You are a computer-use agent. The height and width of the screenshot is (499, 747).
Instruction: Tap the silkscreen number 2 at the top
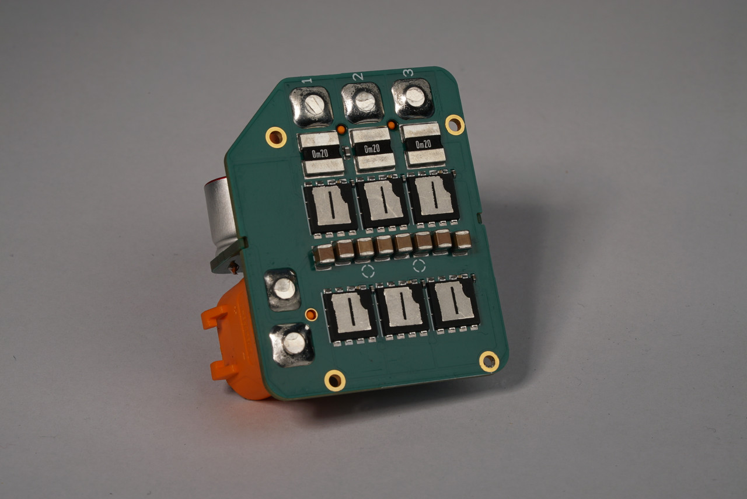[x=358, y=76]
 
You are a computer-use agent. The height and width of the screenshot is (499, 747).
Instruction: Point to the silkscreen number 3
[x=408, y=72]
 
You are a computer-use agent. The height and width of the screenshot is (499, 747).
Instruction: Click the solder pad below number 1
[x=312, y=107]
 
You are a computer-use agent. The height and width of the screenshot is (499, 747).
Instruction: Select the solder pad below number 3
[x=413, y=99]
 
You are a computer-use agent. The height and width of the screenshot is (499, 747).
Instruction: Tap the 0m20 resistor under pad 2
[x=373, y=149]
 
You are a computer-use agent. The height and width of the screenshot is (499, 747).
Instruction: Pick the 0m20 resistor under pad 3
[x=423, y=144]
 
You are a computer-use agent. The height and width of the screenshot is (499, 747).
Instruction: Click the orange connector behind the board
[x=233, y=344]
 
